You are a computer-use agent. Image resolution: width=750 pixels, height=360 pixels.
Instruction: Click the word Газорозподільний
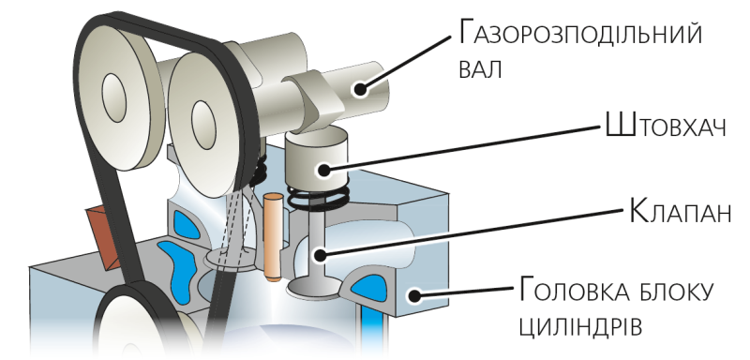[x=579, y=34]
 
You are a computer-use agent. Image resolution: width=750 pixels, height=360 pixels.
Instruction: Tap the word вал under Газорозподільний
[x=480, y=69]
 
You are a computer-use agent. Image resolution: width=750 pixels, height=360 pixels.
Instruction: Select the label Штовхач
[x=666, y=126]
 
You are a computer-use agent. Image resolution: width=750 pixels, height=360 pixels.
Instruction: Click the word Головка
[x=575, y=291]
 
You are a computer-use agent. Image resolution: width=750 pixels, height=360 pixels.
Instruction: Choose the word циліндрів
[x=579, y=327]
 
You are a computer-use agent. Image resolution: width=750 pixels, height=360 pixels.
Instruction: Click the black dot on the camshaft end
[x=360, y=89]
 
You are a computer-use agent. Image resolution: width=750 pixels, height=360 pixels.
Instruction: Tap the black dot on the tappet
[x=323, y=170]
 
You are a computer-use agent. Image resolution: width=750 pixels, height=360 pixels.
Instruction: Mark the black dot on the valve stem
[x=320, y=255]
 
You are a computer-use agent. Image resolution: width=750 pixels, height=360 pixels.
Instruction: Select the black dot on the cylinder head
[x=414, y=295]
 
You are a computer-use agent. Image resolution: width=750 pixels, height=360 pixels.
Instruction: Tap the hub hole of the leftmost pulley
[x=113, y=98]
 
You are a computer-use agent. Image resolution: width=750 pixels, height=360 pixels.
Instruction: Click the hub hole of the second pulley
[x=203, y=126]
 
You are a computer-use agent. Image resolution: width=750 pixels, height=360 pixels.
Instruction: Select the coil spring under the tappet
[x=318, y=197]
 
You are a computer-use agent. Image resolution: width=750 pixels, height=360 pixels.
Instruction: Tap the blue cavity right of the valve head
[x=369, y=289]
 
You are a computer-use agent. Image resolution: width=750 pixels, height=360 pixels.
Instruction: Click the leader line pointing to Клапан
[x=473, y=232]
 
